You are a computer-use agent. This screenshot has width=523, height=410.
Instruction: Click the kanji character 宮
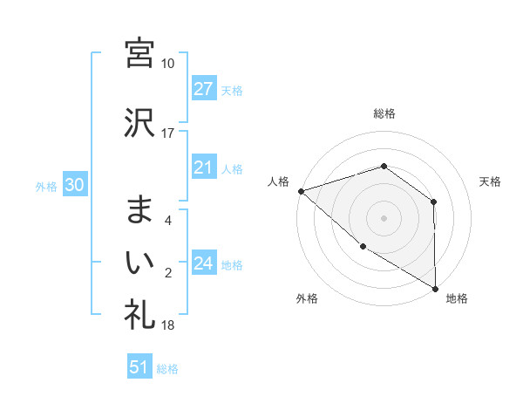pyautogui.click(x=139, y=52)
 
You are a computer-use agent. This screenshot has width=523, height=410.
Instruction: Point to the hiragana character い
pyautogui.click(x=139, y=261)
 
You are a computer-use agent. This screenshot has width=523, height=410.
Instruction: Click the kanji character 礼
pyautogui.click(x=139, y=313)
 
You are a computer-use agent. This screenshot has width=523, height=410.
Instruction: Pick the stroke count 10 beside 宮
pyautogui.click(x=168, y=64)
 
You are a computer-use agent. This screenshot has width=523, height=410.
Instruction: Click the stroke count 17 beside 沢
pyautogui.click(x=168, y=133)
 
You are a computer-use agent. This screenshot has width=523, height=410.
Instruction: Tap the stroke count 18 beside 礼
pyautogui.click(x=168, y=325)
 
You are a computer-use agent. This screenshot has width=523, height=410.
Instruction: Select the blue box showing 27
pyautogui.click(x=204, y=89)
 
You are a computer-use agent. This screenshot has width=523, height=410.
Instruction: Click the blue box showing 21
pyautogui.click(x=204, y=167)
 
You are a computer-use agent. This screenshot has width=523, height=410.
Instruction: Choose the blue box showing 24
pyautogui.click(x=204, y=263)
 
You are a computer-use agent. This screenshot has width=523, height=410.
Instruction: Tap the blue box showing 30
pyautogui.click(x=73, y=185)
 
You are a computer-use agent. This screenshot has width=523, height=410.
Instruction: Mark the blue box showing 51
pyautogui.click(x=139, y=367)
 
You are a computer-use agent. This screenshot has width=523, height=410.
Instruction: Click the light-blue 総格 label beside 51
pyautogui.click(x=167, y=369)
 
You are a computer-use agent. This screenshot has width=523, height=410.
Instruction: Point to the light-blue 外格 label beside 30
pyautogui.click(x=46, y=186)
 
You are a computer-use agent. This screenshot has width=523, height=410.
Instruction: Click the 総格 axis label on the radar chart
pyautogui.click(x=384, y=113)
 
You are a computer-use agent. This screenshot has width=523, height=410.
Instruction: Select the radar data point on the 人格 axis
pyautogui.click(x=300, y=190)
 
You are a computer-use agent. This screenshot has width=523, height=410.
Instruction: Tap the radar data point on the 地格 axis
pyautogui.click(x=435, y=288)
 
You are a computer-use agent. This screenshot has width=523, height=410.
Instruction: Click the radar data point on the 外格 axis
pyautogui.click(x=362, y=247)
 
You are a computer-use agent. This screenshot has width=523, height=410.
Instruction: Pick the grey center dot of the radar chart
pyautogui.click(x=384, y=216)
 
